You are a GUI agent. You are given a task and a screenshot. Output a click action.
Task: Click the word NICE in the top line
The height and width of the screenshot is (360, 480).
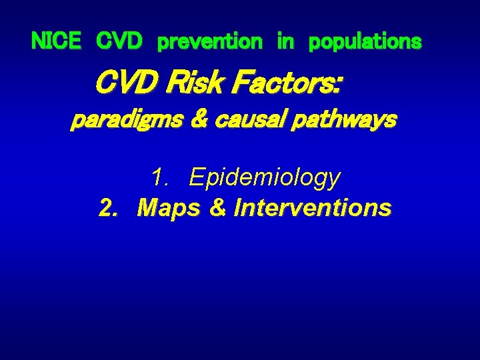[x=56, y=42]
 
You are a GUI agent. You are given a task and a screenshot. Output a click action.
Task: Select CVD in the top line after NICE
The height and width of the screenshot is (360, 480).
[x=119, y=42]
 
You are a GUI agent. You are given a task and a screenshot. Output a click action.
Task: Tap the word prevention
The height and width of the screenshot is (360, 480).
[x=209, y=42]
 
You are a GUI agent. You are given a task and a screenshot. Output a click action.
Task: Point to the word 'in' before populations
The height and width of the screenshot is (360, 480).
[x=285, y=42]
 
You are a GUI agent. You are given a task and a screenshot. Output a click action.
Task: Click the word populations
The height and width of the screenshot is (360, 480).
[x=365, y=42]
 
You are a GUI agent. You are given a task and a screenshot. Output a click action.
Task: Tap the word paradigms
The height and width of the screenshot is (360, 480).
[x=125, y=121]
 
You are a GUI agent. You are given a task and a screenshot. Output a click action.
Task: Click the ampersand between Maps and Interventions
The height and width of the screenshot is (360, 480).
[x=218, y=208]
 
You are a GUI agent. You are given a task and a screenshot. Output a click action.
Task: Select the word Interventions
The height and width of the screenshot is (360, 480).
[x=313, y=208]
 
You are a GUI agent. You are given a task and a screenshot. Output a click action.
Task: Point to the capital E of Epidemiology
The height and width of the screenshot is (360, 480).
[x=196, y=177]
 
